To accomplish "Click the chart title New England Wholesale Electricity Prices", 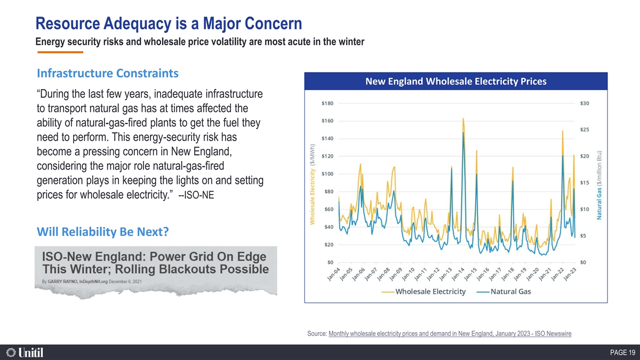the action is tap(455, 82).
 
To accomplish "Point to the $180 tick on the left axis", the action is tap(327, 103).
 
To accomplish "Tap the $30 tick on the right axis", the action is tap(585, 103).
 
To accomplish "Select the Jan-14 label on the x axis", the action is tap(458, 274).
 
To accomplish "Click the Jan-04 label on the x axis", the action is tap(333, 274).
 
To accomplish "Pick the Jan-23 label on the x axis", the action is tap(570, 274).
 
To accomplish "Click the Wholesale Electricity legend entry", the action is tap(423, 292).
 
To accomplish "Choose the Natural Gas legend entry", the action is tap(503, 292).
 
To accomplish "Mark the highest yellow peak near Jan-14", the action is tap(463, 118).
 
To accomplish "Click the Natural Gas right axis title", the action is tap(599, 185).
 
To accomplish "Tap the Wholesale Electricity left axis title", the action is tap(313, 185).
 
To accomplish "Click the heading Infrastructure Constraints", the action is tap(108, 74).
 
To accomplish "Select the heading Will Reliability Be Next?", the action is tap(103, 231).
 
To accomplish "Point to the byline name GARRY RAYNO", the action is tap(62, 282).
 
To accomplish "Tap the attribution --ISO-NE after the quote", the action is tap(196, 195).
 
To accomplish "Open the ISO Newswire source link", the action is tap(450, 333).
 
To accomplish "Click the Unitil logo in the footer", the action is tap(25, 353).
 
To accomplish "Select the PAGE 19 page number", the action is tap(623, 353).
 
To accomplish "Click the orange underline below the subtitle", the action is tap(60, 52).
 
